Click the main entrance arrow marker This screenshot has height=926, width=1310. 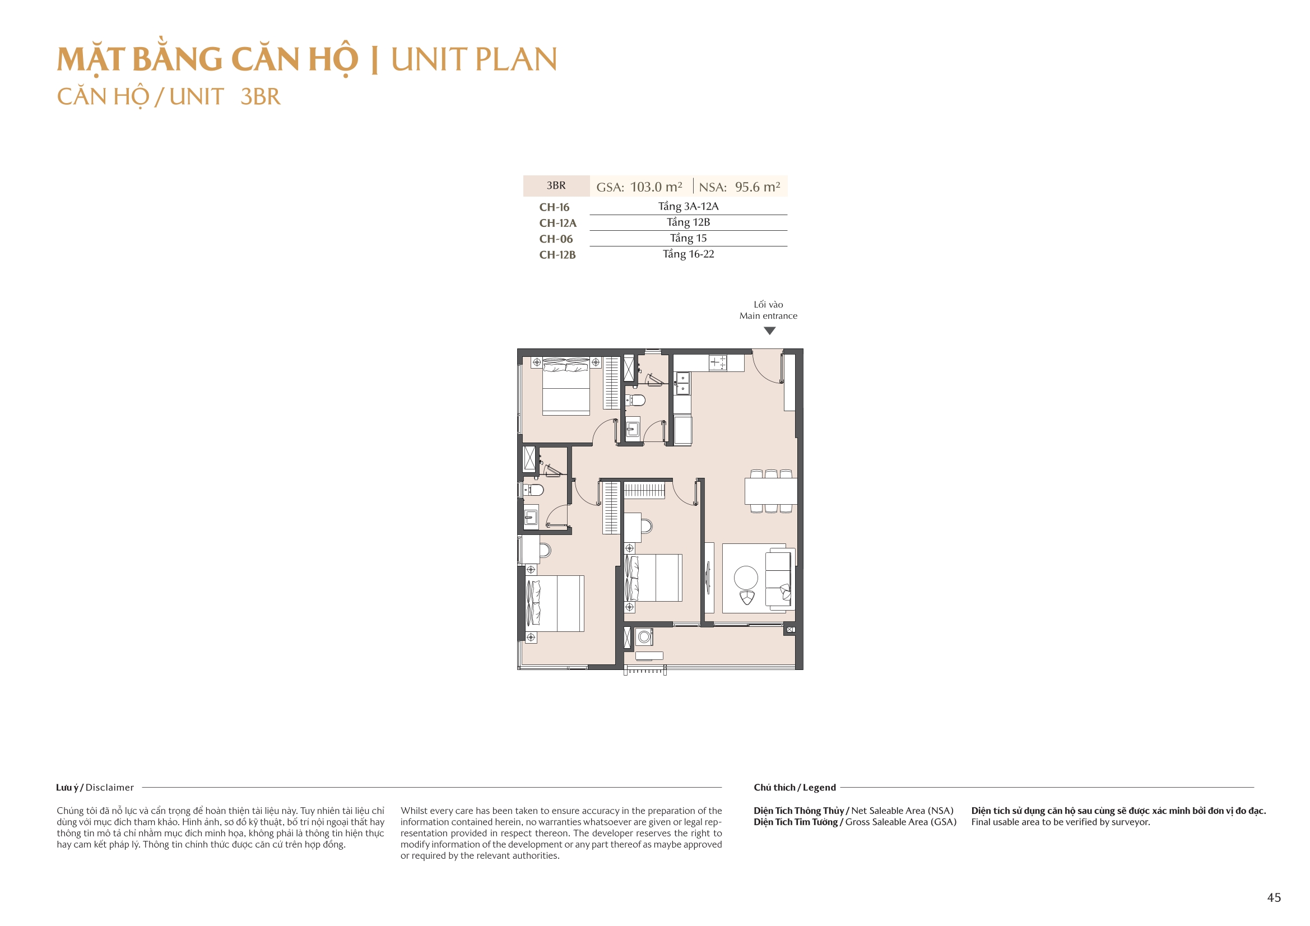point(769,331)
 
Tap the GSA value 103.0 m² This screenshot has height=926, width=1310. point(656,187)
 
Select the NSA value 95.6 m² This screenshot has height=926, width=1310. point(757,187)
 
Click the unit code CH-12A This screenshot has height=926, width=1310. point(558,223)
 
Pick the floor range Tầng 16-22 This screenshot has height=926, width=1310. point(688,254)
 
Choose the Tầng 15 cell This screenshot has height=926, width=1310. point(688,239)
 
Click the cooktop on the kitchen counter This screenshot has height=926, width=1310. point(718,362)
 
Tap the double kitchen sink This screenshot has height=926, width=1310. point(682,383)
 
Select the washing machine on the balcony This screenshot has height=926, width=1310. point(644,636)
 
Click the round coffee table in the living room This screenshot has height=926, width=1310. point(746,578)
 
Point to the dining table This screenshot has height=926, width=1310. point(770,491)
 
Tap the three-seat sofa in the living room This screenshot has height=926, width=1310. point(778,578)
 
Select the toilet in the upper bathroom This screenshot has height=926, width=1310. point(636,399)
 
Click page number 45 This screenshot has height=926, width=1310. point(1274,897)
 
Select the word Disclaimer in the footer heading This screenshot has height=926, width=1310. point(110,788)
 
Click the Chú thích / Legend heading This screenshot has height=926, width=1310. point(794,788)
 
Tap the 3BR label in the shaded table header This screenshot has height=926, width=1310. point(556,185)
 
